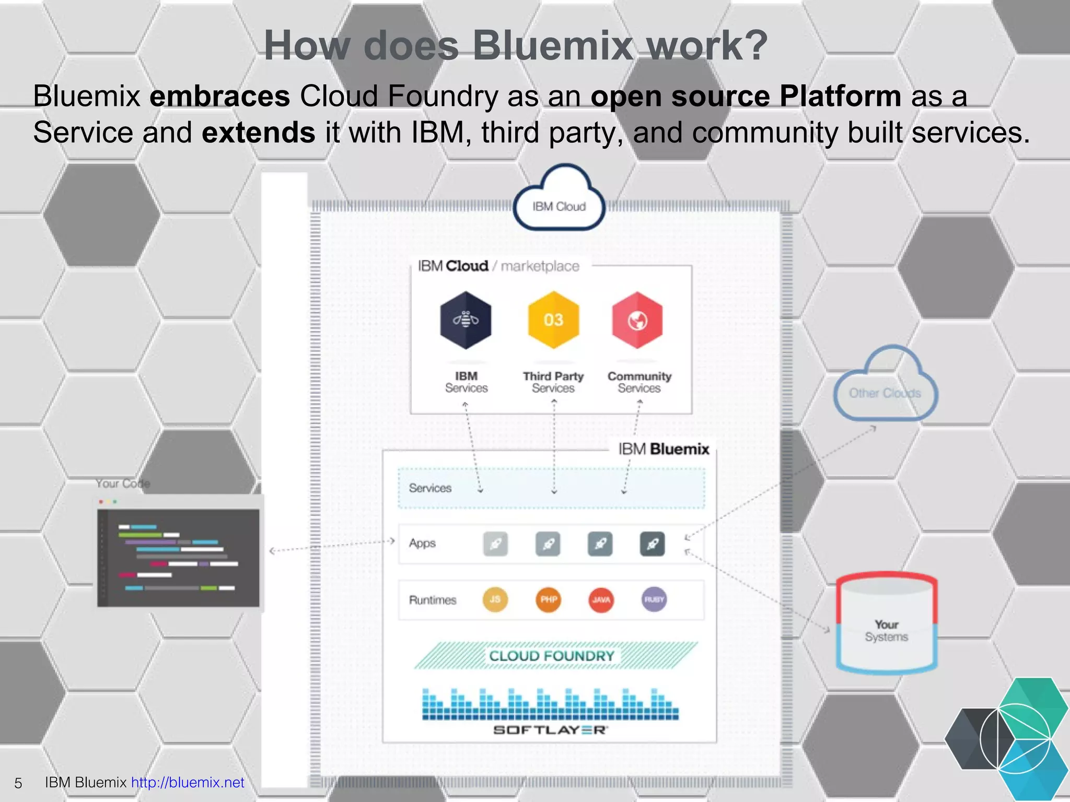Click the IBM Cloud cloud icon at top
[559, 200]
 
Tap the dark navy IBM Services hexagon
[466, 320]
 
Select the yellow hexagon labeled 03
[553, 320]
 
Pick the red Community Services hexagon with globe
[637, 320]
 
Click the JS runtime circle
[495, 599]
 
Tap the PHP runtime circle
[548, 599]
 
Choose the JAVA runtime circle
[601, 599]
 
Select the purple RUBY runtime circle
[654, 599]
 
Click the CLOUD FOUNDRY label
[552, 656]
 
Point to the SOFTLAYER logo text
[550, 730]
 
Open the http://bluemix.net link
[188, 782]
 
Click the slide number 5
[18, 783]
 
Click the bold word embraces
[219, 96]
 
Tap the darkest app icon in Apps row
[652, 544]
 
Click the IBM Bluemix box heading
[664, 449]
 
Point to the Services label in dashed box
[430, 488]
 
